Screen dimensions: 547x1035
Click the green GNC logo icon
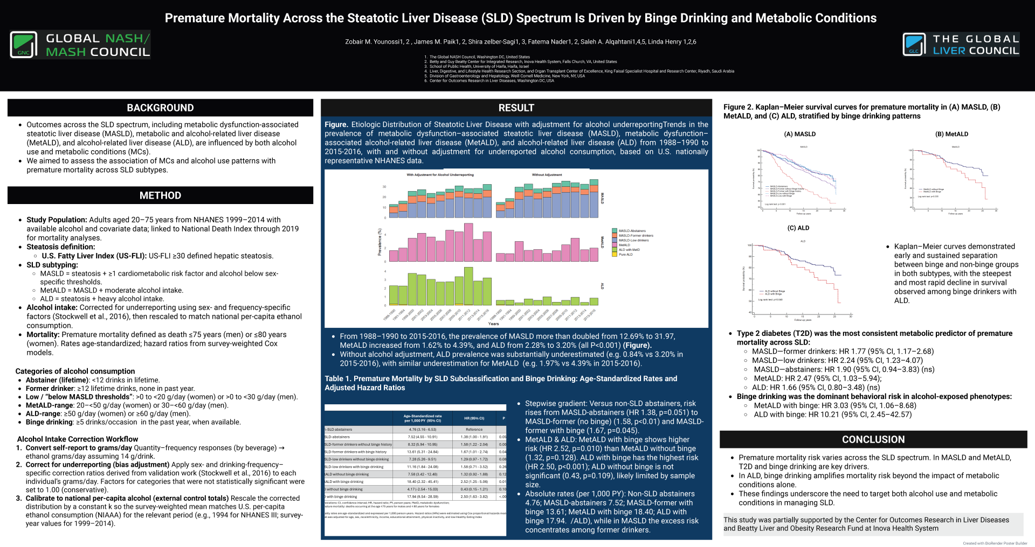point(24,45)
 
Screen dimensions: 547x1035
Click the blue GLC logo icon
point(914,45)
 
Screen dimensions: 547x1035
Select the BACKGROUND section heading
point(160,108)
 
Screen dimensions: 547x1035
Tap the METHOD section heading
point(160,195)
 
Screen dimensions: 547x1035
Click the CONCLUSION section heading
point(873,439)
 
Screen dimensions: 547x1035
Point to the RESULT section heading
point(516,108)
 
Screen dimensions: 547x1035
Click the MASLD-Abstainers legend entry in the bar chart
point(632,230)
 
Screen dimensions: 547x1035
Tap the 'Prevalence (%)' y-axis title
point(379,242)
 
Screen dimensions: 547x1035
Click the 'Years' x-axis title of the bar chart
point(493,324)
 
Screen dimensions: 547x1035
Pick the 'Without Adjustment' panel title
point(547,175)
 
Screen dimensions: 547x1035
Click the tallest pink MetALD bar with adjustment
point(468,242)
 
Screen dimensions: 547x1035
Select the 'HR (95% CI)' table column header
point(474,418)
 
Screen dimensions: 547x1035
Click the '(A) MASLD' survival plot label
point(800,134)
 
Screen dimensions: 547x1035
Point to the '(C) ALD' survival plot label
point(798,228)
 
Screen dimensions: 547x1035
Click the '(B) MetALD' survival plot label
point(952,134)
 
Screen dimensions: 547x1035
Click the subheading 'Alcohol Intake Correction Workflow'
point(78,439)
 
